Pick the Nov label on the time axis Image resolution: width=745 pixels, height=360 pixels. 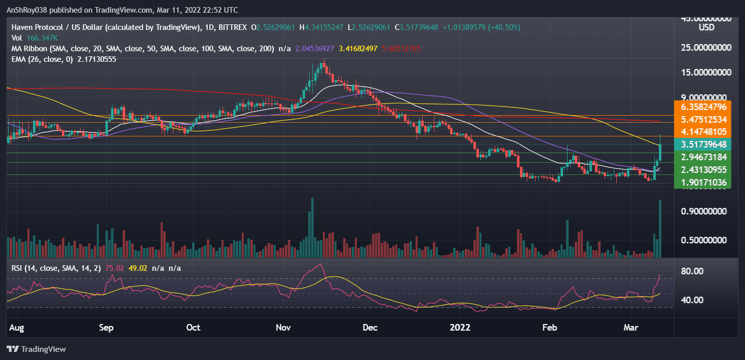[283, 328]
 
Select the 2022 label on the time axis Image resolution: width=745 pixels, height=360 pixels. [461, 328]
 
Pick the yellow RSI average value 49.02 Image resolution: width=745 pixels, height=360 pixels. [137, 268]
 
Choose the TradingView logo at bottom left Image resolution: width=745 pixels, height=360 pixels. [36, 349]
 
